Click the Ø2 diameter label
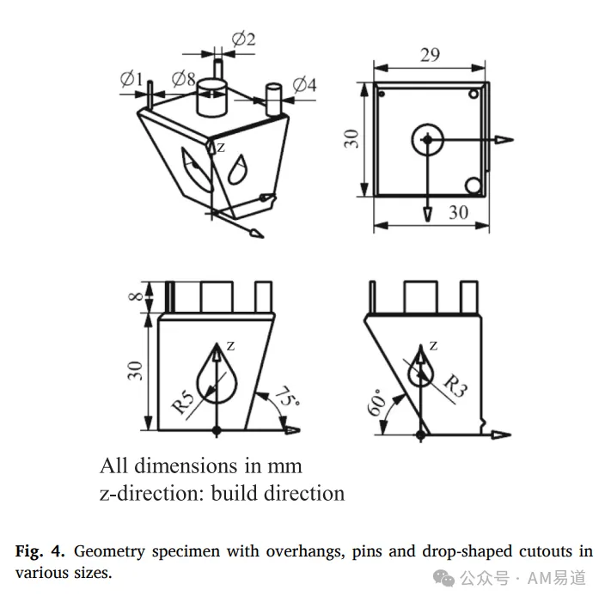click(x=243, y=40)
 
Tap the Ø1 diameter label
click(x=131, y=79)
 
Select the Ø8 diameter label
click(x=184, y=79)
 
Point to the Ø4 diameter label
click(x=304, y=85)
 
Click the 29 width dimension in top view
click(x=430, y=55)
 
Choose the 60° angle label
click(x=376, y=403)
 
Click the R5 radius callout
click(x=184, y=402)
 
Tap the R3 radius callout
click(x=455, y=386)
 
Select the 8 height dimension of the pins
click(x=136, y=296)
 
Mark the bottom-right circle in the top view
click(x=473, y=185)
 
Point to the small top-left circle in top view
click(x=382, y=94)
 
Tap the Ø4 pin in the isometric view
click(x=273, y=99)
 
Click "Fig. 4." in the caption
click(x=40, y=551)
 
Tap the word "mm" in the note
click(x=284, y=467)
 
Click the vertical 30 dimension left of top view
click(x=351, y=139)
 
